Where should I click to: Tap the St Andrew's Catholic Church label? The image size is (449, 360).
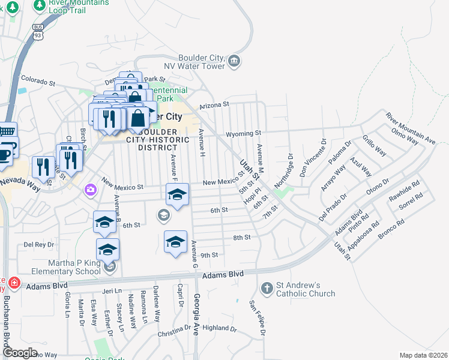pos(306,289)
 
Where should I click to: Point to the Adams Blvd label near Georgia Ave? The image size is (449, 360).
pos(222,274)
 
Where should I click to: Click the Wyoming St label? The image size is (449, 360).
pos(243,133)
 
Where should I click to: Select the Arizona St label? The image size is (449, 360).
pos(214,104)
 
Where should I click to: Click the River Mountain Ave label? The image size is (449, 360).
pos(411,128)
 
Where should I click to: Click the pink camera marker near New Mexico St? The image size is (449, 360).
pos(90,190)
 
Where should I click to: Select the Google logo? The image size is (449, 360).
pos(19,353)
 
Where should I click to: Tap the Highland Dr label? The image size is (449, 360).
pos(220,328)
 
